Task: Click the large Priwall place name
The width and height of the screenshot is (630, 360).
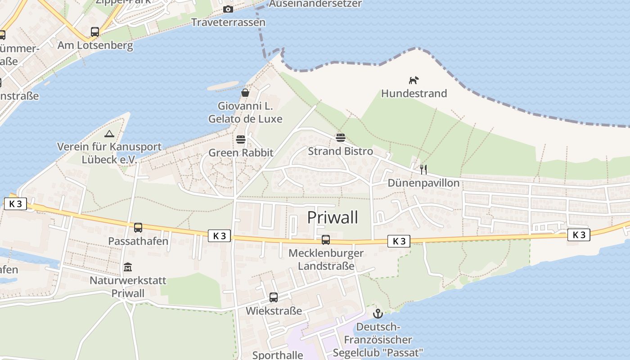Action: (x=333, y=217)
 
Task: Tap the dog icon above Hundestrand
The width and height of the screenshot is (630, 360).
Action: (x=414, y=80)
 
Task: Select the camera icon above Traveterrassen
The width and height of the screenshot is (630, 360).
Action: (x=228, y=9)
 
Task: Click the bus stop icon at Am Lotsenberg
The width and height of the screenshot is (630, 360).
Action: (x=94, y=32)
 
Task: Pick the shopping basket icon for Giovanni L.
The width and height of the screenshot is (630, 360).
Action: (x=245, y=93)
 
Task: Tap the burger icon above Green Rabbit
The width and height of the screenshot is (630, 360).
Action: (x=241, y=139)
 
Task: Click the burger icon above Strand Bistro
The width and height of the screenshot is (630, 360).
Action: (x=340, y=137)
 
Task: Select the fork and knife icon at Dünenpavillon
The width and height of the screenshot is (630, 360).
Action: (x=423, y=169)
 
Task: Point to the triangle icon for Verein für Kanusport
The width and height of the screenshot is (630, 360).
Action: (x=109, y=134)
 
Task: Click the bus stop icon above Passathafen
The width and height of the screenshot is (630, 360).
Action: (x=138, y=228)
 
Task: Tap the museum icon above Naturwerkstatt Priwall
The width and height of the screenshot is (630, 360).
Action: (x=128, y=267)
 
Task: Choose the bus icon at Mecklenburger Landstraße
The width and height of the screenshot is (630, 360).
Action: (x=326, y=240)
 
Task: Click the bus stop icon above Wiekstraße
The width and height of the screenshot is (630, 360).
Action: (x=274, y=297)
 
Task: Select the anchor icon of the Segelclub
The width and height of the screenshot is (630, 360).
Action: (x=378, y=313)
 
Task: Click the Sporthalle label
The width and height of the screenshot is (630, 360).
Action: (x=278, y=355)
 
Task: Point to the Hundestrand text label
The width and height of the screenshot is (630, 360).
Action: (x=414, y=94)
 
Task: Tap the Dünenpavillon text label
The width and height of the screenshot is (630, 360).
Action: (x=423, y=183)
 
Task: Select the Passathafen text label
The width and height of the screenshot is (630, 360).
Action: (x=138, y=241)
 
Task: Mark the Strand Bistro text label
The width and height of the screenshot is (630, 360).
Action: (x=340, y=151)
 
